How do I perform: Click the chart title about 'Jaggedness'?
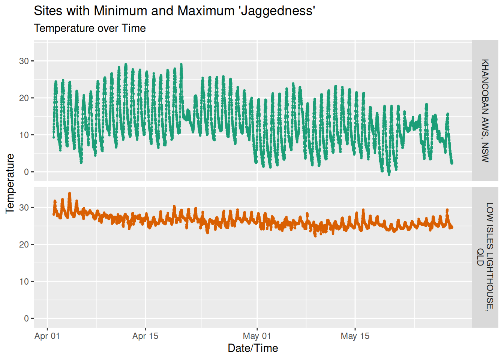174,11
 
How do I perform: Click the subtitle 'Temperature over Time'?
90,28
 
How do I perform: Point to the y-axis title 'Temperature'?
10,184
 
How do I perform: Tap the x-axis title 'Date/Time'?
253,348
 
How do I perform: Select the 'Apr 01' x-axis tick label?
47,336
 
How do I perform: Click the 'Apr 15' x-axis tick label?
145,336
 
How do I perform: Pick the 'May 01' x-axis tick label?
257,336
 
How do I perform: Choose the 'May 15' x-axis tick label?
355,336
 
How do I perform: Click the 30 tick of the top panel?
24,61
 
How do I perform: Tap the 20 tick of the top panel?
24,98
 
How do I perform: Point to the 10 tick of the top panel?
24,135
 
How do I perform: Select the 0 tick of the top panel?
26,172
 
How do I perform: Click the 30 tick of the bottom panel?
24,207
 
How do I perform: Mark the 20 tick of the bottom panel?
24,244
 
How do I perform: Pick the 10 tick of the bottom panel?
24,282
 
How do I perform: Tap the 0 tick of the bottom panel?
26,318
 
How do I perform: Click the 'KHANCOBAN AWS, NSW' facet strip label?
485,111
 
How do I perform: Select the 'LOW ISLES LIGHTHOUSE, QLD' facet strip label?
485,257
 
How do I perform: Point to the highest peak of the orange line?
69,193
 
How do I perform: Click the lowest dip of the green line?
389,174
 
